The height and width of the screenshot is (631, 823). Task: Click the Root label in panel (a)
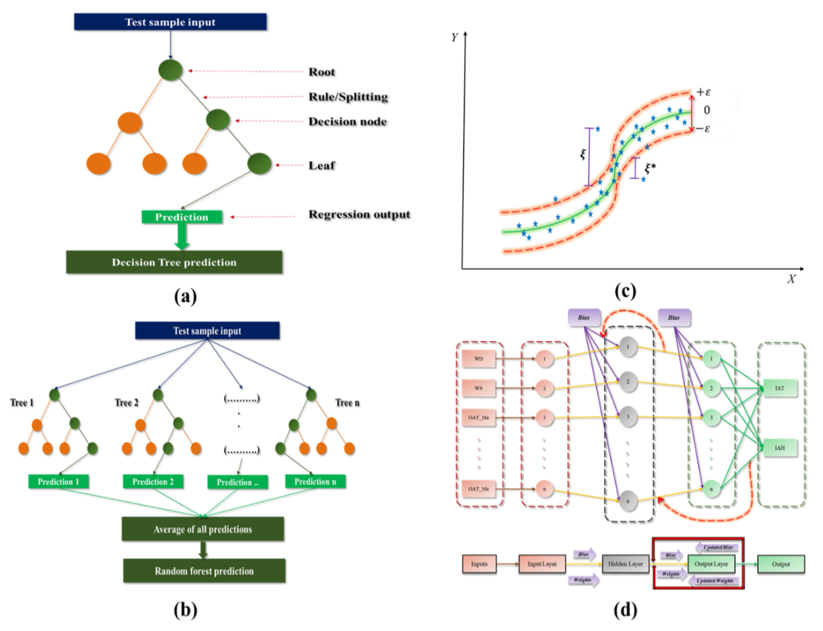click(x=321, y=72)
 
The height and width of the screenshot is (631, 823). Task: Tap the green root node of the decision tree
click(x=171, y=70)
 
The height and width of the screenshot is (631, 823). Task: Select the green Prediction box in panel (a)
click(x=182, y=217)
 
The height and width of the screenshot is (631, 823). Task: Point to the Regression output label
click(x=359, y=215)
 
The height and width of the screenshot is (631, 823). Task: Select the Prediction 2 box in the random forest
click(x=153, y=482)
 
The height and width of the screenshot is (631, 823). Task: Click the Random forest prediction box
click(x=204, y=571)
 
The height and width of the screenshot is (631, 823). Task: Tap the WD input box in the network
click(x=478, y=359)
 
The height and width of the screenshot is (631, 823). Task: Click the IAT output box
click(x=780, y=388)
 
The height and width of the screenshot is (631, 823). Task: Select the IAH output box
click(x=780, y=448)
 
